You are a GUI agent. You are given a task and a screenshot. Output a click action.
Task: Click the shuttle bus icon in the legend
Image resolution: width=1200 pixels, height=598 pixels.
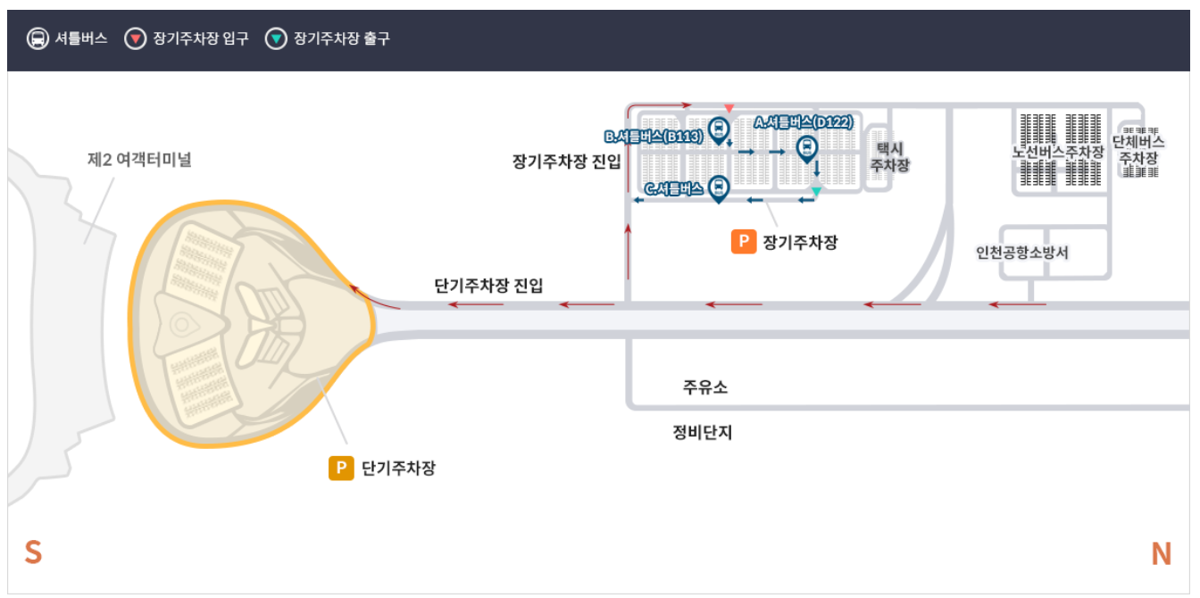coord(38,38)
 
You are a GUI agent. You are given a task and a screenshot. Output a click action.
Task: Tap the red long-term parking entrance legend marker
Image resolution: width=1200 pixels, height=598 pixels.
coord(135,38)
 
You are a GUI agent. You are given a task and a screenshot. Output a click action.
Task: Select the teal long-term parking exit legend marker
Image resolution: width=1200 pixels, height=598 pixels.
coord(276,38)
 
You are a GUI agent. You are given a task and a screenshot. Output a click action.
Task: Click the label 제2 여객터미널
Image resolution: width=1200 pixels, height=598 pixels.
coord(139,161)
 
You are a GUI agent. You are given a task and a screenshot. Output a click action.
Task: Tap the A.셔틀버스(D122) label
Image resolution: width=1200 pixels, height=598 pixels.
coord(804,122)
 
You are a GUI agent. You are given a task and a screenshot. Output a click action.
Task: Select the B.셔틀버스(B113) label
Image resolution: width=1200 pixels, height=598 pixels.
coord(654,137)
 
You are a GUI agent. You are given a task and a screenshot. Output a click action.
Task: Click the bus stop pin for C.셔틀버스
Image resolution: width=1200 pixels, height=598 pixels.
coord(718,188)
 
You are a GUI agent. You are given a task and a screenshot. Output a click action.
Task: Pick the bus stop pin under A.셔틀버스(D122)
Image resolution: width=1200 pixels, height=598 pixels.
coord(806,148)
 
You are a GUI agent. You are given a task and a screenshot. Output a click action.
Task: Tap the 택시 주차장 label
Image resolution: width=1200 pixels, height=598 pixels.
coord(889,157)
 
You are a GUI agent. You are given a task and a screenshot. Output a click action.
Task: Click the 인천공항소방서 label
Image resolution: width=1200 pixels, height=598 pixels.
coord(1022,253)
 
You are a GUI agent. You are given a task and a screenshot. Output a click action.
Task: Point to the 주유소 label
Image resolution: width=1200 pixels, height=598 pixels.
coord(705,387)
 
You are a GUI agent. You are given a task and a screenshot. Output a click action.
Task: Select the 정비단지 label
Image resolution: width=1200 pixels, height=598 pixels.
coord(702,433)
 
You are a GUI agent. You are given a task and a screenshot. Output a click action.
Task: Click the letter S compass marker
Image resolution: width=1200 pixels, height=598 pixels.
coord(33,552)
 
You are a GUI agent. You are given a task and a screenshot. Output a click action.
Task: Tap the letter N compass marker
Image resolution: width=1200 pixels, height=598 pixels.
coord(1161,554)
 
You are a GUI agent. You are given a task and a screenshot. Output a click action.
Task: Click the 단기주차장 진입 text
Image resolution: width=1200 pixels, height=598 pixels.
coord(488,286)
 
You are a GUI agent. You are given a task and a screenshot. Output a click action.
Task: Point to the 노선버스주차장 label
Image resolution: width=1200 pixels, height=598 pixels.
coord(1058,152)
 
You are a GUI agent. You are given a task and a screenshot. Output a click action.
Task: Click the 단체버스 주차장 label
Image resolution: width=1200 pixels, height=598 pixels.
coord(1138,150)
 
